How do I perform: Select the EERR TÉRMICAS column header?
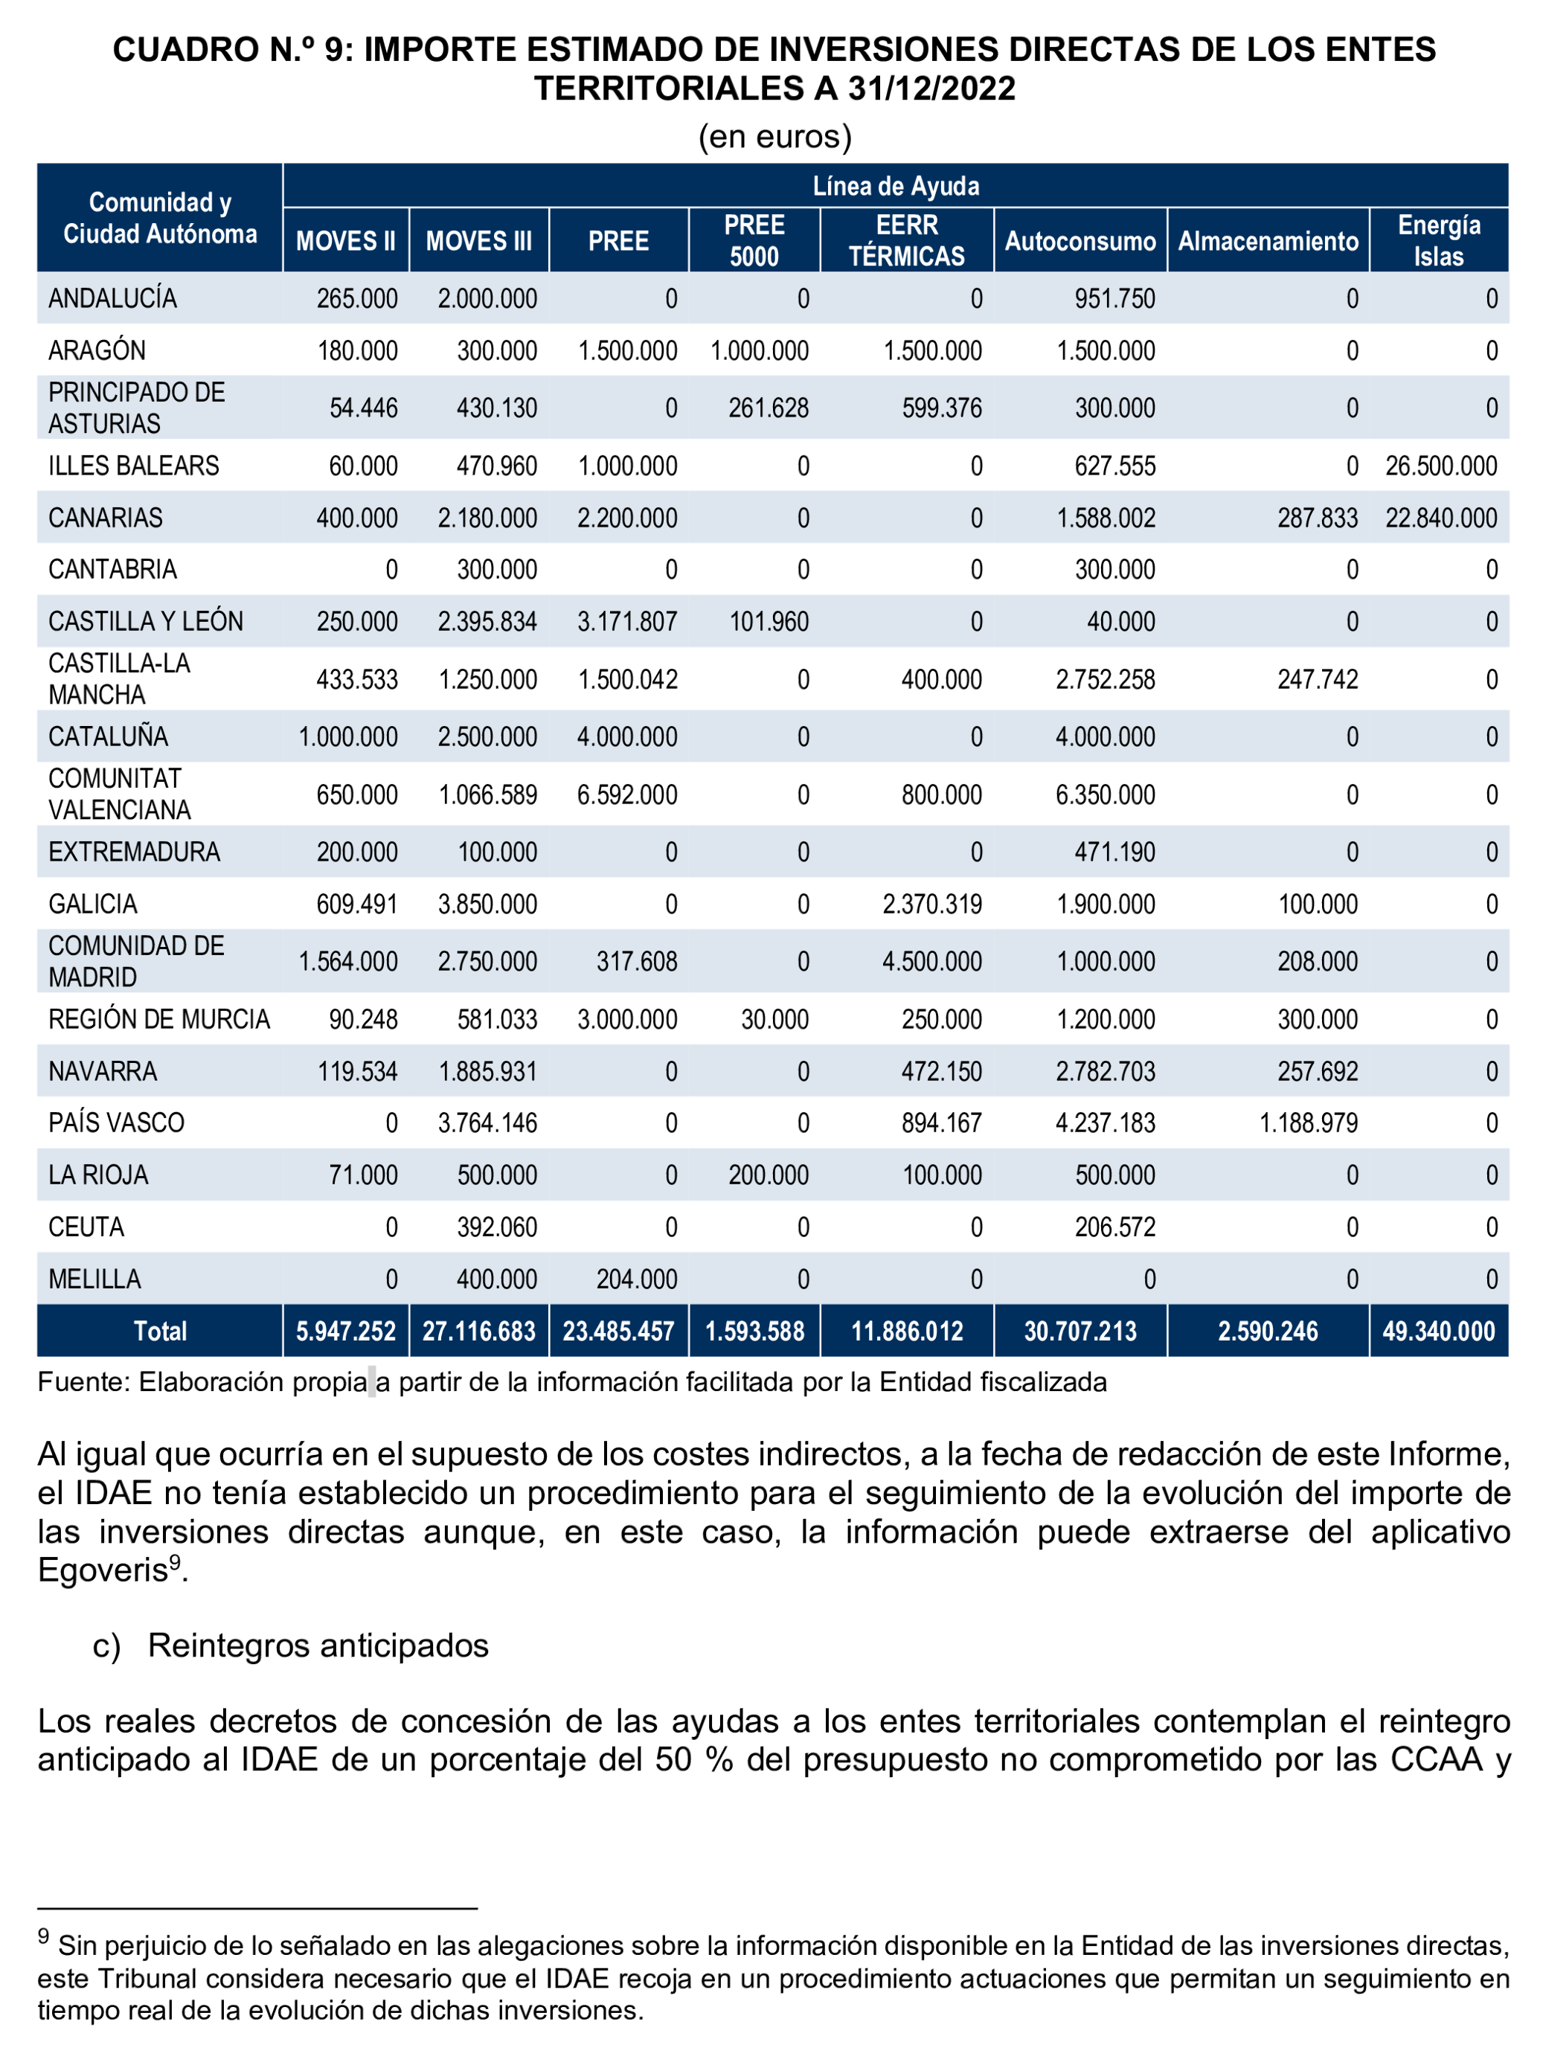(x=905, y=240)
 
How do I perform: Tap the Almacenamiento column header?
(x=1267, y=241)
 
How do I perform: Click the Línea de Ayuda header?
(x=894, y=186)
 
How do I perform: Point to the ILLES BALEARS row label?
(x=133, y=466)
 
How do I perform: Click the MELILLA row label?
(x=94, y=1278)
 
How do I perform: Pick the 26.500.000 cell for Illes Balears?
(x=1440, y=466)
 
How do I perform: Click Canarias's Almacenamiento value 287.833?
(x=1316, y=518)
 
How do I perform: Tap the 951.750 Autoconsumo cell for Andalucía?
(x=1114, y=299)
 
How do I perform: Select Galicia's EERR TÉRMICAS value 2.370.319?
(x=931, y=904)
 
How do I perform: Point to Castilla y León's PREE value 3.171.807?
(x=626, y=622)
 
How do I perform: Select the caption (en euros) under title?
(x=774, y=136)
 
